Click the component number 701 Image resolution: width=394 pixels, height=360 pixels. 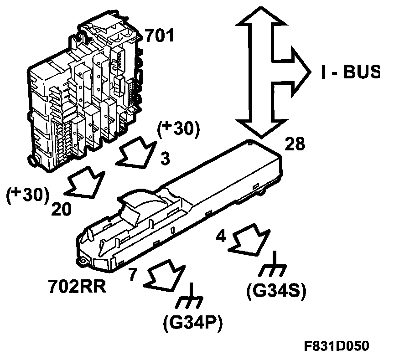point(160,35)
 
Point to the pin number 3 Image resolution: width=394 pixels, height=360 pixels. point(166,158)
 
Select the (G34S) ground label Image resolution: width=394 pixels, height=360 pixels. point(275,290)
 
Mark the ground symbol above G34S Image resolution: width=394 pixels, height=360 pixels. point(273,266)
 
